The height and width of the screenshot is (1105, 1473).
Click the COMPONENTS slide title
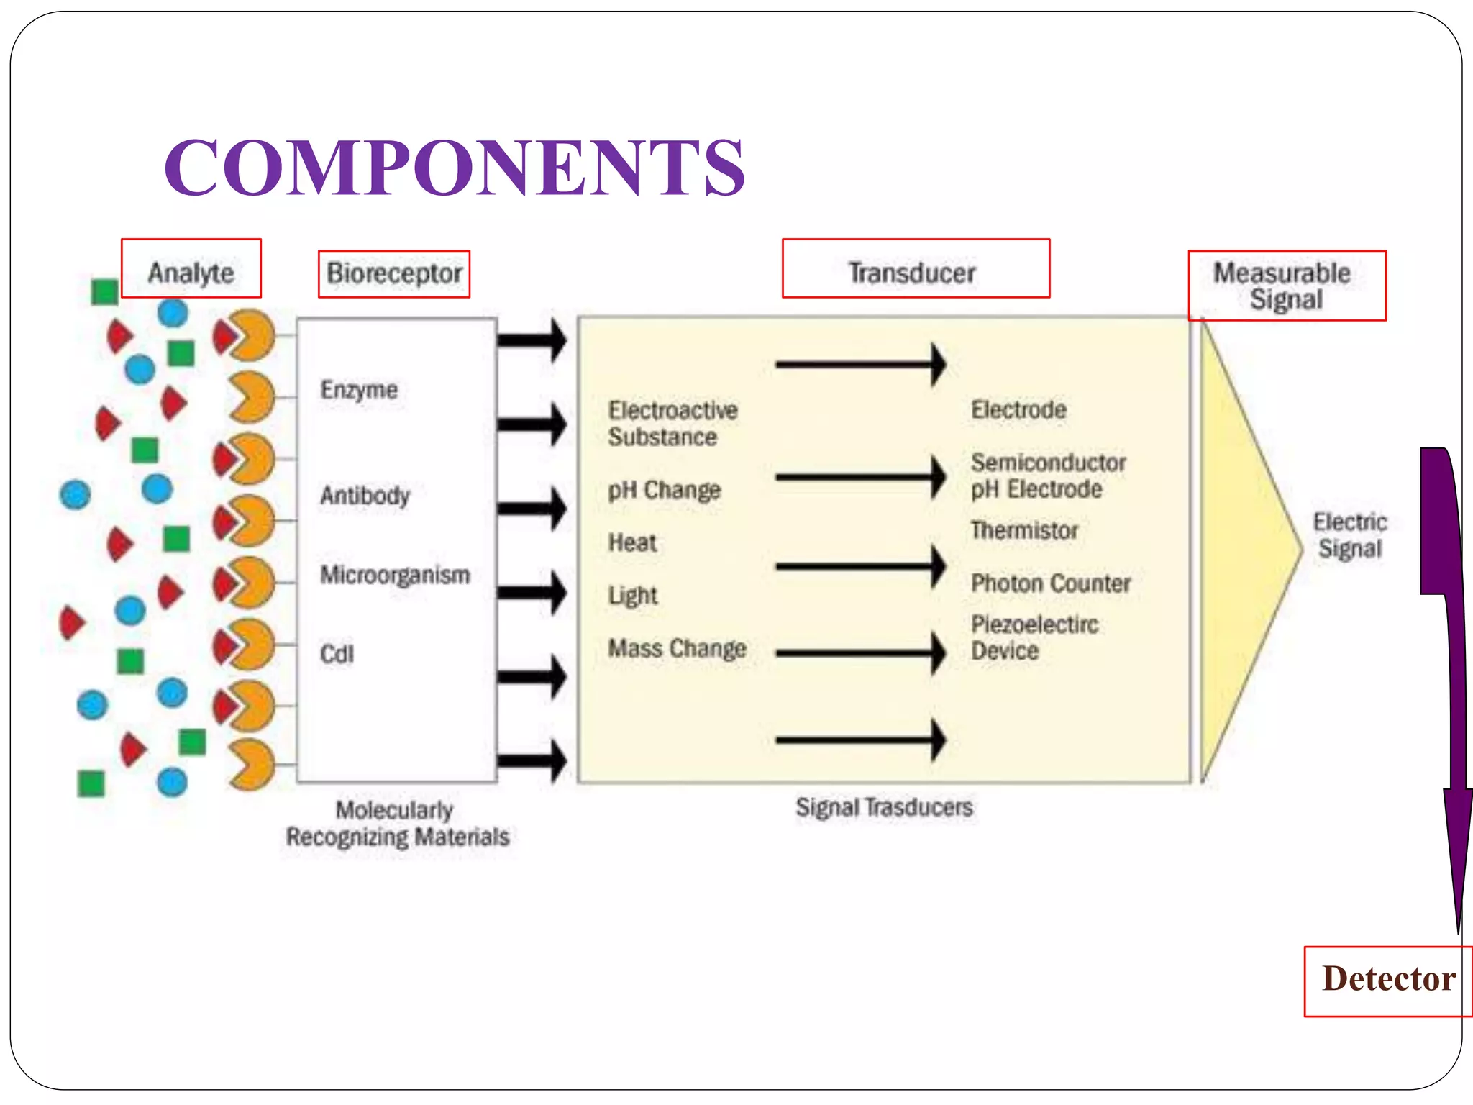pos(455,167)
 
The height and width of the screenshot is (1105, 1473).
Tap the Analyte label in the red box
pos(191,273)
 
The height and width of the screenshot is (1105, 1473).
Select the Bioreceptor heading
pos(394,273)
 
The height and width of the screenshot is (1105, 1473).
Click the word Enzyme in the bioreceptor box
pos(359,390)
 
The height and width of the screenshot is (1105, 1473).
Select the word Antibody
pos(365,496)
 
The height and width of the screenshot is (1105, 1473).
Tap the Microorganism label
pos(395,575)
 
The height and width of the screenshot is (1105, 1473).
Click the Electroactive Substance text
pos(672,424)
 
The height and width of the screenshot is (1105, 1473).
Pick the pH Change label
pos(664,491)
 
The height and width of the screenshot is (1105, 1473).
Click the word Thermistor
pos(1024,530)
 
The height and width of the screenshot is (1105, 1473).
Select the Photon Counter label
pos(1050,583)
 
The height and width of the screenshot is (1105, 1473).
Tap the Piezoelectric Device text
pos(1034,637)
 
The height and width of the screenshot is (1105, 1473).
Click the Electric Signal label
pos(1349,535)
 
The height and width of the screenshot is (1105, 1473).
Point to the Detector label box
pos(1387,980)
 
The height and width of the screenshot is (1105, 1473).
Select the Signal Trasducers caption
pos(884,807)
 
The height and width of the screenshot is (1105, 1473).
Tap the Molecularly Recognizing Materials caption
pos(397,824)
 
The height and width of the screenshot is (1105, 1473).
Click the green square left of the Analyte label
pos(105,292)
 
